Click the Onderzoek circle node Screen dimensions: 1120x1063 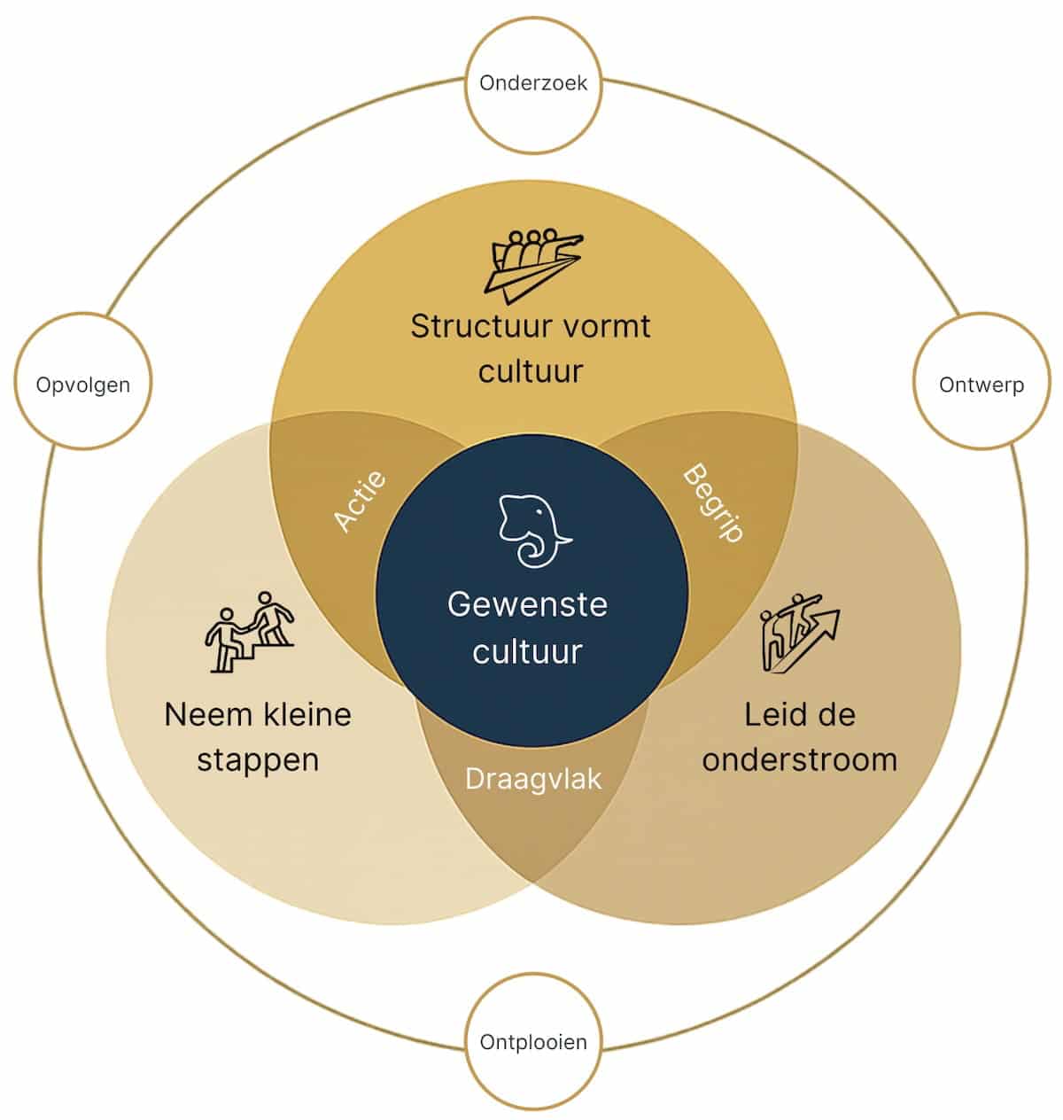coord(532,83)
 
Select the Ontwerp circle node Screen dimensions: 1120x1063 coord(981,385)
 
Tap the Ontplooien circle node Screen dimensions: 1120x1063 coord(533,1042)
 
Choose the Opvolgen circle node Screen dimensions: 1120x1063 coord(83,385)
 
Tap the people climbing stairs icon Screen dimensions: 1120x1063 coord(249,631)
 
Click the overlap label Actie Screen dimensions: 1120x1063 coord(361,501)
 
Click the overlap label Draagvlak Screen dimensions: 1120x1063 coord(533,779)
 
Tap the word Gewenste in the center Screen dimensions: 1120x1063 coord(527,604)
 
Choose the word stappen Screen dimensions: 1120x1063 coord(258,760)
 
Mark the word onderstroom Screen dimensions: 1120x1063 coord(799,759)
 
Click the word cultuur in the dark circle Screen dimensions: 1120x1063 coord(527,651)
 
